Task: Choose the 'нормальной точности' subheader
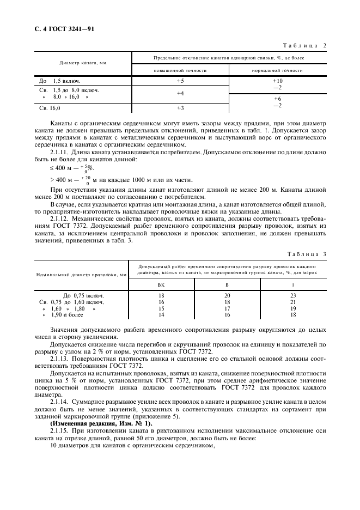tap(277, 70)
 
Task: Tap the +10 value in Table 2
tap(277, 81)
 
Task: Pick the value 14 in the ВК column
tap(161, 315)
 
